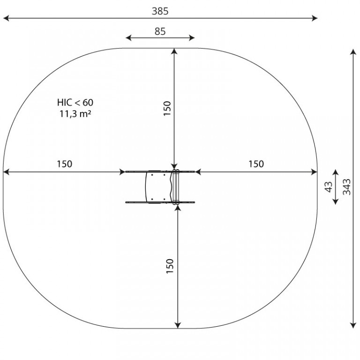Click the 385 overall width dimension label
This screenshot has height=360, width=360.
point(160,11)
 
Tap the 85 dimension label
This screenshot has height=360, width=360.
point(160,31)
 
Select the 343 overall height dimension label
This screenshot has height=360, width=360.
point(347,187)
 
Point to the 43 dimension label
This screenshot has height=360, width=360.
point(329,187)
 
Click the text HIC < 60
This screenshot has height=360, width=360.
point(75,102)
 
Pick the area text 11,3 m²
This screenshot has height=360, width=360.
point(75,113)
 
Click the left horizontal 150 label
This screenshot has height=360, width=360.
point(65,164)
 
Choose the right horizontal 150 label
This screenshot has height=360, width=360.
point(256,164)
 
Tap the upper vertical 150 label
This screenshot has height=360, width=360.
point(167,108)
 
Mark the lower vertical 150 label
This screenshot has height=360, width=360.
point(170,266)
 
